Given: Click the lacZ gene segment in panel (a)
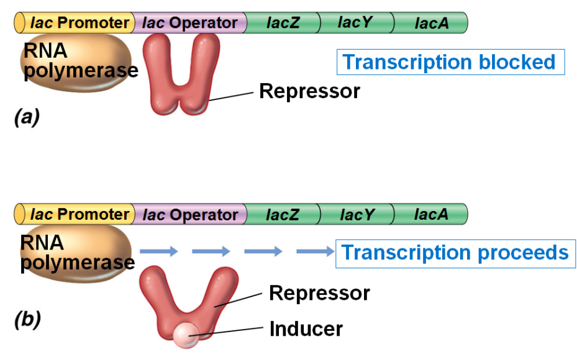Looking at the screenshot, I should tap(283, 24).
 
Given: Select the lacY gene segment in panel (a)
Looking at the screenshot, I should tap(356, 24).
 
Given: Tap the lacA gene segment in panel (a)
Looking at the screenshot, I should tap(431, 24).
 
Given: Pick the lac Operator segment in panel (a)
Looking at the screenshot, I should tap(189, 24).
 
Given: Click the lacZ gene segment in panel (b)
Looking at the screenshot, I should tap(283, 215).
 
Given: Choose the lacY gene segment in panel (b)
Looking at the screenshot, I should tap(357, 215).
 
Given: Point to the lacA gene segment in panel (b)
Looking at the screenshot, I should tap(431, 215).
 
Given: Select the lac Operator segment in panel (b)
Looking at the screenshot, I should tap(190, 215).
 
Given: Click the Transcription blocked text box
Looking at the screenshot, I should tap(450, 62).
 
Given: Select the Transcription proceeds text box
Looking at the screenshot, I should tap(455, 253).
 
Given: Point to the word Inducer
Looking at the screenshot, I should tap(306, 328).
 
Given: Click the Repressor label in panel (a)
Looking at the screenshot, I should tap(309, 91).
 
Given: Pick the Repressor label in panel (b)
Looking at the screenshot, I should tap(319, 292).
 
